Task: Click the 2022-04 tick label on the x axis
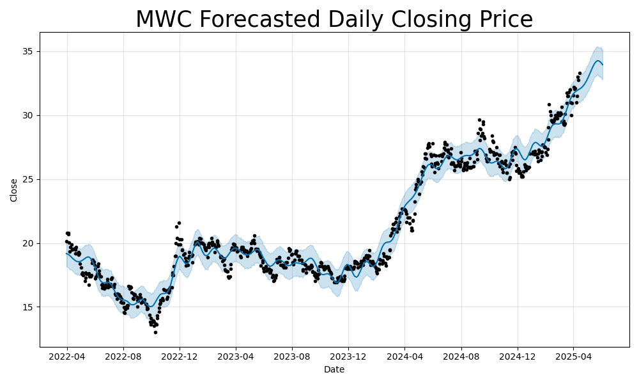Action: (x=67, y=356)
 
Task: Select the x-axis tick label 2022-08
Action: (x=123, y=356)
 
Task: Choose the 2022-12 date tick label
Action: (x=180, y=356)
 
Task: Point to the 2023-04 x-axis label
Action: (x=236, y=356)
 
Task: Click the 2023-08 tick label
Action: (x=292, y=356)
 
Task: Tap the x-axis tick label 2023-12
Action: (x=348, y=356)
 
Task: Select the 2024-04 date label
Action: (x=404, y=356)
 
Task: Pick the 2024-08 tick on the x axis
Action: (x=461, y=356)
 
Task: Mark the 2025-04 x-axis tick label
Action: (x=573, y=356)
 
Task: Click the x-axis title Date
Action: (x=334, y=369)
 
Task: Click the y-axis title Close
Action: (x=14, y=190)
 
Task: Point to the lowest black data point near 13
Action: (x=155, y=332)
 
